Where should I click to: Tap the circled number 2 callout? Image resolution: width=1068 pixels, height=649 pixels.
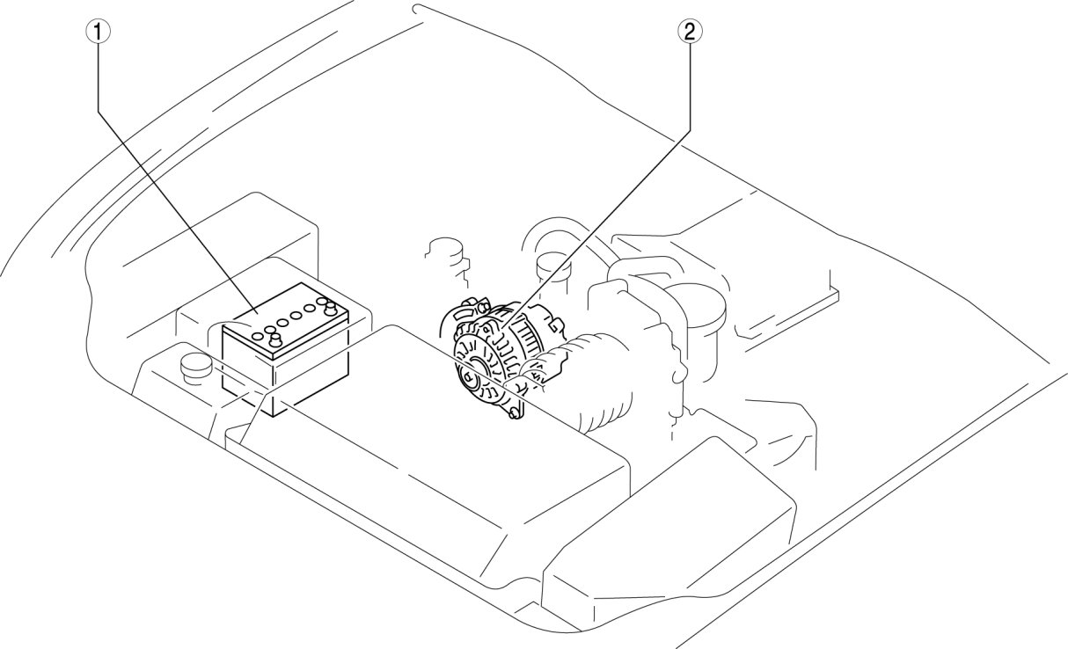tap(689, 33)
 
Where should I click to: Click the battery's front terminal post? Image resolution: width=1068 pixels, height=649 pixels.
tap(275, 340)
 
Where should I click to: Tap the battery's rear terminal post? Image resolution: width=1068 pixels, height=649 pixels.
tap(331, 308)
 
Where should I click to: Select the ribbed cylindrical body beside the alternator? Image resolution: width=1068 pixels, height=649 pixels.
tap(598, 378)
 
